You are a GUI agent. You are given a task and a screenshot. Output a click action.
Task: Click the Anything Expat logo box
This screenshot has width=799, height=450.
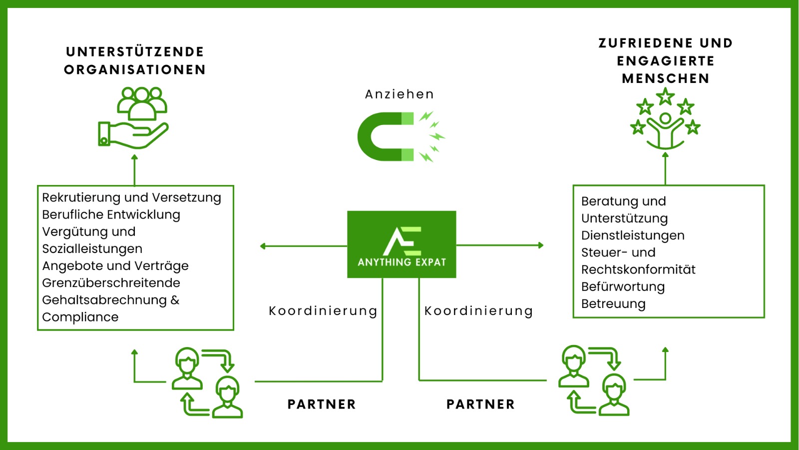click(401, 244)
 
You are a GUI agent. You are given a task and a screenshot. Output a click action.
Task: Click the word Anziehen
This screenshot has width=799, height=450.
click(399, 94)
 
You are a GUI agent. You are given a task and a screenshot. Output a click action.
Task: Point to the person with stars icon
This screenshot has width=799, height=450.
click(665, 119)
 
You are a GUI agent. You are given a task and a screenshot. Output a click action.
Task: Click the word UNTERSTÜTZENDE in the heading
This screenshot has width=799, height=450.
click(135, 52)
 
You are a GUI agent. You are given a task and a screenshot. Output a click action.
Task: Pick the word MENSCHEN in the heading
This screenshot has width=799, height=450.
click(666, 78)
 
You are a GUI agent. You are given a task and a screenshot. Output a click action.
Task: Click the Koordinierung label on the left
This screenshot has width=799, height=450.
click(323, 311)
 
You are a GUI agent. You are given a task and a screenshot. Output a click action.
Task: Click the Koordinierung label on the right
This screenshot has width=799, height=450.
click(478, 311)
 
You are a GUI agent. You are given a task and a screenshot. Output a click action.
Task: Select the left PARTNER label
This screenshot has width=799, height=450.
click(322, 404)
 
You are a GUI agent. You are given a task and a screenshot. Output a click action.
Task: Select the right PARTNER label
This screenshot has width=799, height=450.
click(480, 404)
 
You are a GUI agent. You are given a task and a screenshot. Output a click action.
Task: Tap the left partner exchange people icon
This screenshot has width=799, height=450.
click(207, 382)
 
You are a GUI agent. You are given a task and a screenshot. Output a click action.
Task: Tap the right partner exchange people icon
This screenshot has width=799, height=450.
click(594, 380)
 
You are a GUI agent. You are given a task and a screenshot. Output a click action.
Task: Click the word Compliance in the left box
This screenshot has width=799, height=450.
click(80, 317)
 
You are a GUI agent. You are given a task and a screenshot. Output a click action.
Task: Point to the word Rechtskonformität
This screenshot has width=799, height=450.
click(638, 269)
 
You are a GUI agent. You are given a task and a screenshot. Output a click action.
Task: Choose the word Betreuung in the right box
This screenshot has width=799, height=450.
click(613, 304)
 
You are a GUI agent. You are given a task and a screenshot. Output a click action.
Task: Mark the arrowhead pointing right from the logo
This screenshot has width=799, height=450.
click(541, 245)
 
